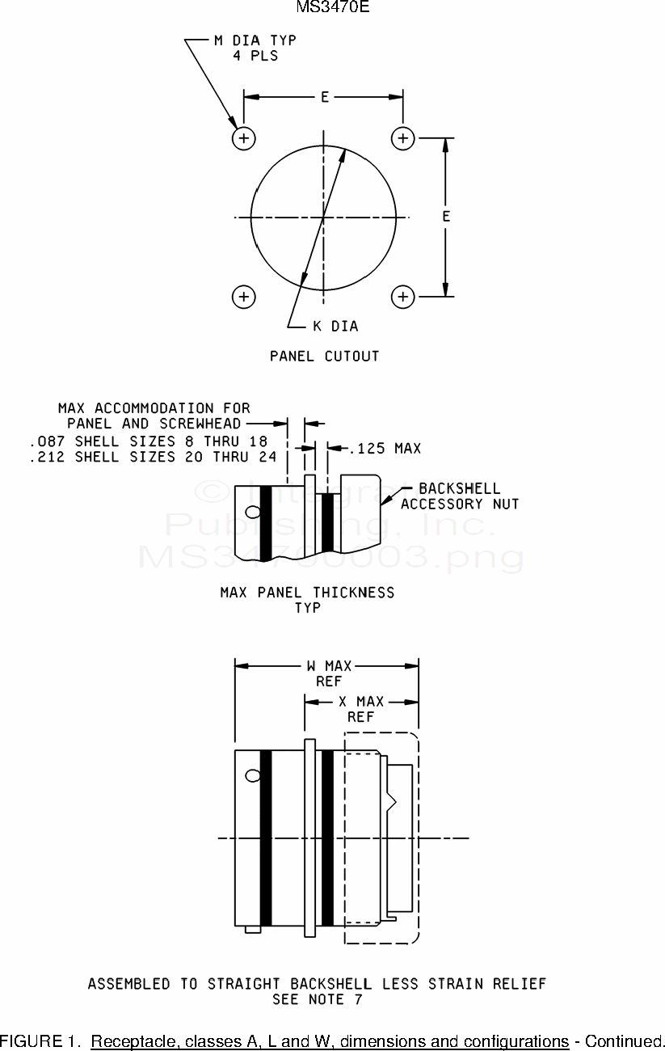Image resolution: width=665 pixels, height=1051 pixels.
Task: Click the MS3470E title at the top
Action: [x=333, y=6]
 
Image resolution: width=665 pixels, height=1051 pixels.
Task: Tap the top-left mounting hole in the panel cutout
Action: [x=244, y=138]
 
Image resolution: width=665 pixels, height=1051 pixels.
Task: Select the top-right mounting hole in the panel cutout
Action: [x=403, y=138]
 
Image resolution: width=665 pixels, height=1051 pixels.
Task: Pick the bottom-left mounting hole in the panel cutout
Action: [x=244, y=297]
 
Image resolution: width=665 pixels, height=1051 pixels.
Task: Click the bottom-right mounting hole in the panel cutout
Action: [x=403, y=297]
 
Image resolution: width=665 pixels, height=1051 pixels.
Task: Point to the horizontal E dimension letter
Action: [x=325, y=97]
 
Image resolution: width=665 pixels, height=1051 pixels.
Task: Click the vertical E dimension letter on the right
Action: [x=446, y=217]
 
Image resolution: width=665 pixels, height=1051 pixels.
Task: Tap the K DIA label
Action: [x=335, y=326]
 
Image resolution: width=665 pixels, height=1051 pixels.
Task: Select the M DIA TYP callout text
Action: [x=255, y=40]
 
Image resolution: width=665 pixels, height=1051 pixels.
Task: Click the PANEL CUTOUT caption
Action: [x=325, y=356]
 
